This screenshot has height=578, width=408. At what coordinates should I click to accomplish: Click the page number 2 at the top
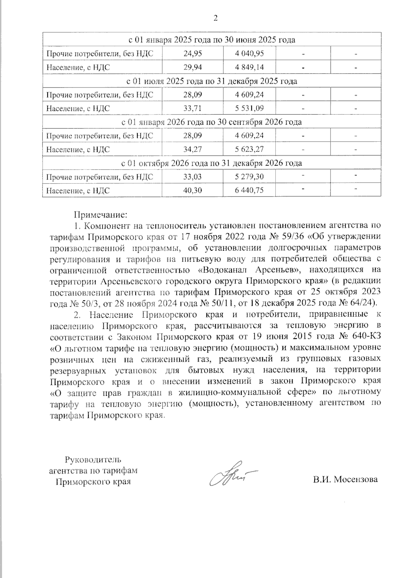[215, 18]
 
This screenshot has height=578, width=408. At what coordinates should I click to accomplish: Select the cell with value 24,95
[192, 53]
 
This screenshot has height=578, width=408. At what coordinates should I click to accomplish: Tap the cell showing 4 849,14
[249, 67]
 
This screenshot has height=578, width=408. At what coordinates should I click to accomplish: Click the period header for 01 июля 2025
[211, 81]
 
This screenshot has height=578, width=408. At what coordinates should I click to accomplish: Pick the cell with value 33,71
[192, 108]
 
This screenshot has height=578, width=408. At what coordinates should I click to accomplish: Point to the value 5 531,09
[249, 108]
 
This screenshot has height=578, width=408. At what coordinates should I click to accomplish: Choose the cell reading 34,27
[192, 149]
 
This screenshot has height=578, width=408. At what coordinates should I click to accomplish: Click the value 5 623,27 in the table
[249, 149]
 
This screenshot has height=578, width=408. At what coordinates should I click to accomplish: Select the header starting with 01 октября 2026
[211, 163]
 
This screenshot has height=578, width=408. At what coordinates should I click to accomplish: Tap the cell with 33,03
[192, 177]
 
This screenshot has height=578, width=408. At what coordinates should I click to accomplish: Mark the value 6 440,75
[249, 190]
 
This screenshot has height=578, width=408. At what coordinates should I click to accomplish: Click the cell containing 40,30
[192, 190]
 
